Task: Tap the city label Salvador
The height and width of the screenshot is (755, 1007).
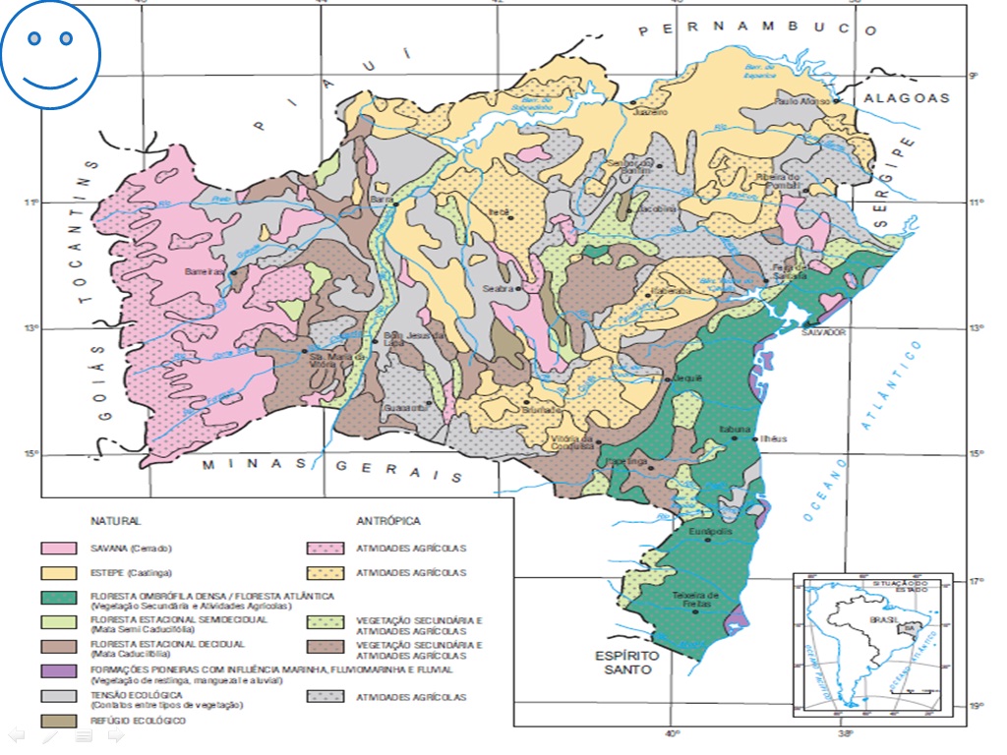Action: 824,332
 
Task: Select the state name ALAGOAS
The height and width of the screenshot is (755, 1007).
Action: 907,97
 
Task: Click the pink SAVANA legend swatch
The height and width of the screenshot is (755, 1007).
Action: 58,548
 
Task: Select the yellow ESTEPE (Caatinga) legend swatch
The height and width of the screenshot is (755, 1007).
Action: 58,572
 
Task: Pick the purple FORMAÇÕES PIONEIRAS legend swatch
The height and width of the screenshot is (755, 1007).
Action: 58,671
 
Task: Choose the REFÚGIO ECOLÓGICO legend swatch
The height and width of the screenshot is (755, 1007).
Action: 58,721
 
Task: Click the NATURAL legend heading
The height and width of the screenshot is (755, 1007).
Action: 116,521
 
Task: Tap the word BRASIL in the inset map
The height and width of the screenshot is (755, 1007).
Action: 880,620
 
